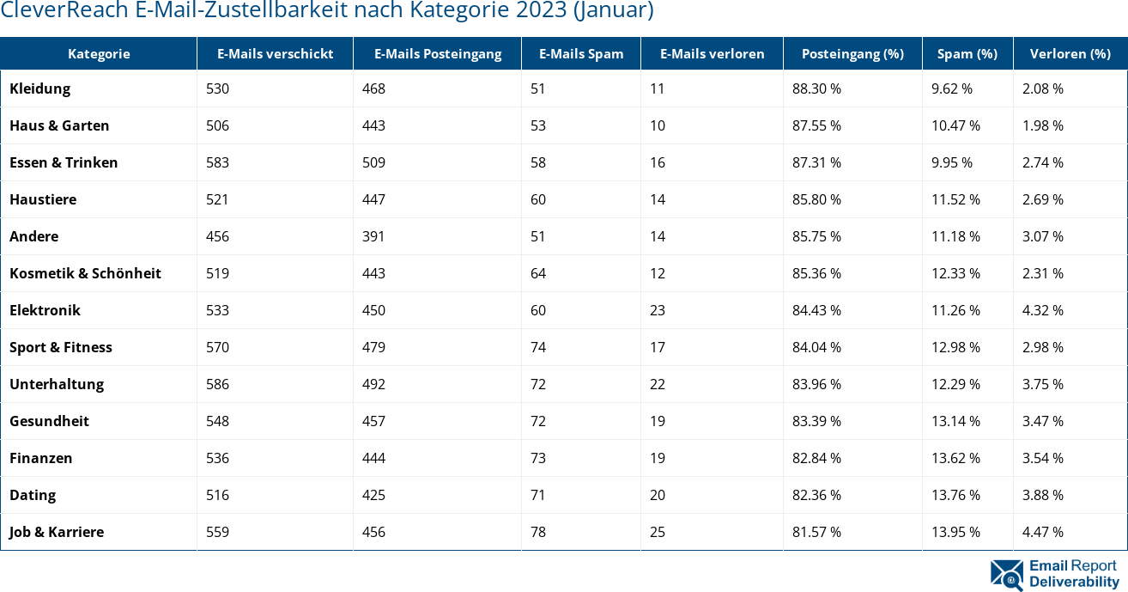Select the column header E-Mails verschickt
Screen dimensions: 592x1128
pos(275,53)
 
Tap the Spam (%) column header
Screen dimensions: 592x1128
pos(967,53)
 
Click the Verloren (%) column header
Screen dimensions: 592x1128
pos(1070,53)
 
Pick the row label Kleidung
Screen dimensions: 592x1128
pos(39,88)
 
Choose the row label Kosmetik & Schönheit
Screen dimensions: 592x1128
pos(85,273)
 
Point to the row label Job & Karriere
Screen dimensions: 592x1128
pos(57,532)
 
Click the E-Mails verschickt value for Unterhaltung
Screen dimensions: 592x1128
pos(218,384)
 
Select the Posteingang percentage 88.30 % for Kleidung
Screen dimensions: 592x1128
pos(816,88)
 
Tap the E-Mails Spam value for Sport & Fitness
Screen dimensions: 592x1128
pos(538,347)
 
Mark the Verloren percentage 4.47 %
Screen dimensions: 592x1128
pos(1043,532)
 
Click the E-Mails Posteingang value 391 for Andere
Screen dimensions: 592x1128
pos(373,236)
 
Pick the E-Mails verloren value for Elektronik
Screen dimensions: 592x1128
pos(658,310)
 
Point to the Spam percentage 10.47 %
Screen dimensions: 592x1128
pos(955,125)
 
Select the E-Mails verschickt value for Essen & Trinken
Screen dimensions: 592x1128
pos(218,162)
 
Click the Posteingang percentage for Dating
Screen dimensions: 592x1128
pos(816,495)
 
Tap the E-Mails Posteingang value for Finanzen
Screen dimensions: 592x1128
pos(373,458)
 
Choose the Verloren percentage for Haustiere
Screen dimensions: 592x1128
pos(1043,199)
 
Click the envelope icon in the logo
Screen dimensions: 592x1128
pos(1006,575)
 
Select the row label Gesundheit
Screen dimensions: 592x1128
pos(49,421)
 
